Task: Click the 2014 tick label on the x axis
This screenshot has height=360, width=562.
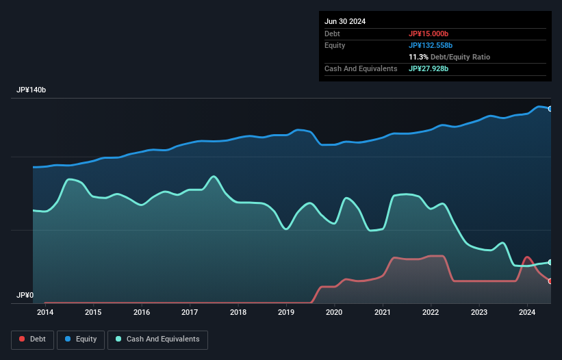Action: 45,313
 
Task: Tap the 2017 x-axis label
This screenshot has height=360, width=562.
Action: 190,313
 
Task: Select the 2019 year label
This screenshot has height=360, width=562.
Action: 286,313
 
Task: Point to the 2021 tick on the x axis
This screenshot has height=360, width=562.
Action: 383,313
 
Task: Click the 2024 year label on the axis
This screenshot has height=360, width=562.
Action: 527,313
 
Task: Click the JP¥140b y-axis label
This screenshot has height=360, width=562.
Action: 31,90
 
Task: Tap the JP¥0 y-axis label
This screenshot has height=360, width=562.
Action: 24,296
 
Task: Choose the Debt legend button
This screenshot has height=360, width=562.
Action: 32,339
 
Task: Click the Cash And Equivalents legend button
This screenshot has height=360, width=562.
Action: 157,339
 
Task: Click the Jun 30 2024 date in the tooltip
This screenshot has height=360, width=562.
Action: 345,21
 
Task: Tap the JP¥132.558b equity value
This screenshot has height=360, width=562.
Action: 431,45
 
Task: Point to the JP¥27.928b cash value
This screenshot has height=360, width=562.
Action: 429,68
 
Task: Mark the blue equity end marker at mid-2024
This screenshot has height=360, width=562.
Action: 550,109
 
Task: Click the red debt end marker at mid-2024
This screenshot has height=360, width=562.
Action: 550,281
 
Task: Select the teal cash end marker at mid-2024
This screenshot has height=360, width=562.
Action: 550,262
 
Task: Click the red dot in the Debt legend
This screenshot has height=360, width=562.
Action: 22,339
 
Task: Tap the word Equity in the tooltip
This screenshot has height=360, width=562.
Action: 335,45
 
